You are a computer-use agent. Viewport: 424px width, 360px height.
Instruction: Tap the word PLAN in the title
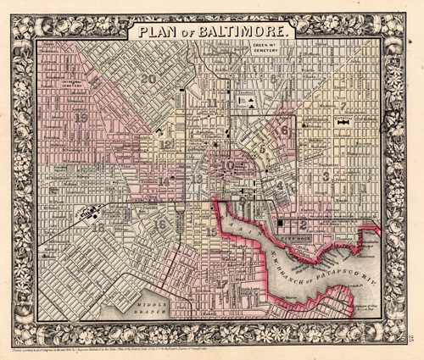click(x=154, y=33)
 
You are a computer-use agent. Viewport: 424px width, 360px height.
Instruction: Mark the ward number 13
click(x=196, y=180)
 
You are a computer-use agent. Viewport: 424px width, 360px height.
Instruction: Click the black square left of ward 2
click(x=279, y=223)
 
